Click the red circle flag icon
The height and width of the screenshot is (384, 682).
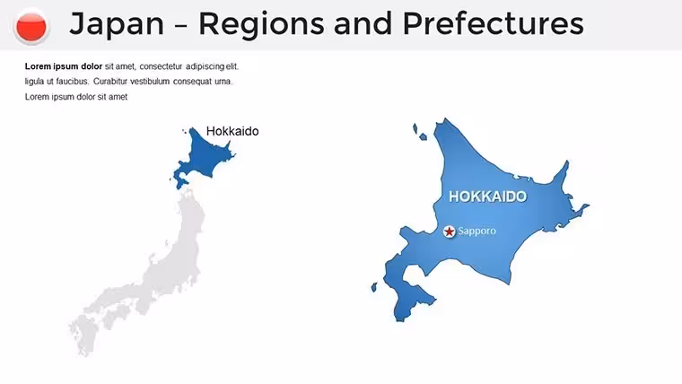point(31,27)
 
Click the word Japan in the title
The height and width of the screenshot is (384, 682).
point(117,25)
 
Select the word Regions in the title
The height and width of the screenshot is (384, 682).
point(261,25)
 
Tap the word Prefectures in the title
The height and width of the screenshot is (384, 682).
point(494,23)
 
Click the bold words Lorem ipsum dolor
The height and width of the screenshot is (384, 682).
point(64,66)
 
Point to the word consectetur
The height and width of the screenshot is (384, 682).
point(161,66)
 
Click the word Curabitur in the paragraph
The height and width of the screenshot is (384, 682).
point(110,82)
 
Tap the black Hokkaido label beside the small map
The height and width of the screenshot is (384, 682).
point(232,131)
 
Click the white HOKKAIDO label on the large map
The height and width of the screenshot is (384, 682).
point(487,196)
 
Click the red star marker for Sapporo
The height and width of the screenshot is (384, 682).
point(450,231)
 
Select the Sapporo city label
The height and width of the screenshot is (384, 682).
point(477,231)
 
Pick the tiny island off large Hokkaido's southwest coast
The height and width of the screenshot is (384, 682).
point(374,287)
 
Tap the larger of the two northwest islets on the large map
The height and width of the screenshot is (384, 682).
point(415,128)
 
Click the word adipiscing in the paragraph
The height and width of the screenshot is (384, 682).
point(205,66)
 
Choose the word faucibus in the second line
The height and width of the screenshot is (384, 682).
point(72,82)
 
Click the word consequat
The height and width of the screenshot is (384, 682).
point(192,82)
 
